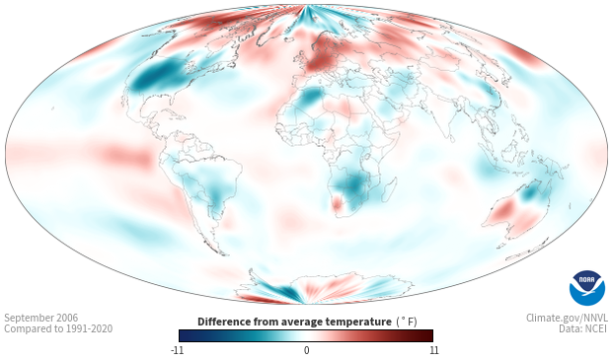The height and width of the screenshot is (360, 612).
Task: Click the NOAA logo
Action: (587, 288)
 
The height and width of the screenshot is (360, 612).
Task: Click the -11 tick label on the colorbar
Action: (178, 350)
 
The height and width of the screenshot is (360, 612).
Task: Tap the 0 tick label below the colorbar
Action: (306, 350)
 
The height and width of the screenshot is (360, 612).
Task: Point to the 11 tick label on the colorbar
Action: (433, 350)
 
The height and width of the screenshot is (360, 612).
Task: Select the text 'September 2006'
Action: (41, 318)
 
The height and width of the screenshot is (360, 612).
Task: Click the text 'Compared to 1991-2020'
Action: (58, 328)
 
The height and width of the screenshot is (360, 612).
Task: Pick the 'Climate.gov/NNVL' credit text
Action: (567, 318)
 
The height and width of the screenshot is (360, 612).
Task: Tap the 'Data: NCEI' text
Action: (583, 328)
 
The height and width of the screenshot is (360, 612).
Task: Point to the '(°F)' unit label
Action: (407, 323)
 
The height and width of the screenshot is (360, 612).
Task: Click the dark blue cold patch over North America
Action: (156, 76)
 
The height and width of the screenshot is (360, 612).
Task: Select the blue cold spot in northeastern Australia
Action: (530, 192)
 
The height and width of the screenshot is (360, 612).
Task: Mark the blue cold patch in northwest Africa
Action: (311, 96)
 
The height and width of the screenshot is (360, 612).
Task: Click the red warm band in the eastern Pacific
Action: (125, 156)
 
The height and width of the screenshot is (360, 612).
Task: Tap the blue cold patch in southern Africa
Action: (354, 184)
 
